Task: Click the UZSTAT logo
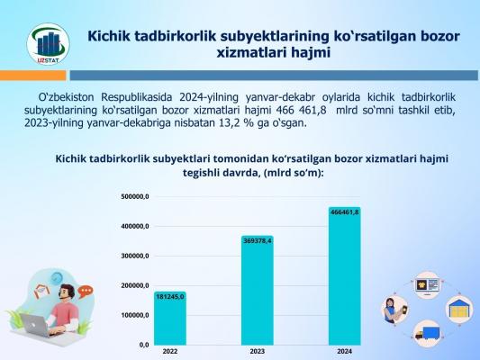48,44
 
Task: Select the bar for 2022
170,319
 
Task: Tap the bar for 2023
258,291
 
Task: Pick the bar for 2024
345,276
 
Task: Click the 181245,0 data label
170,297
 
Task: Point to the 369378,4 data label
258,241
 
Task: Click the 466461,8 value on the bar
345,212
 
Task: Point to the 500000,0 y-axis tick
135,197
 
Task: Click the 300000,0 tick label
135,256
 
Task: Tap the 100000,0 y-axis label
135,315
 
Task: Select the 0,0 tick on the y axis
144,345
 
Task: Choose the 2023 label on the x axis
258,351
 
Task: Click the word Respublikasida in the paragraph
137,97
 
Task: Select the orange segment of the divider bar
32,76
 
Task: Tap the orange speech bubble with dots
86,292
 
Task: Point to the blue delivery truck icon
428,333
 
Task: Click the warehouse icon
459,309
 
